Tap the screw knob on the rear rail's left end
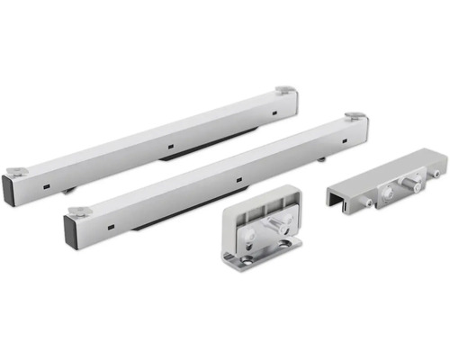(16, 170)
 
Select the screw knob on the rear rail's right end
(284, 90)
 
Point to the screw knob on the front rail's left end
(77, 211)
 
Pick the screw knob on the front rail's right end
(355, 116)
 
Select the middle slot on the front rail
(238, 178)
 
